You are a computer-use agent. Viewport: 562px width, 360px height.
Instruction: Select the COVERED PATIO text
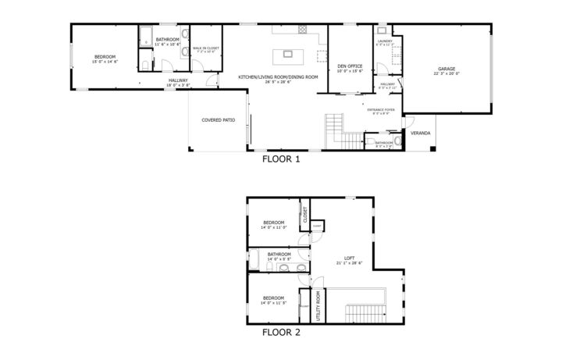point(218,120)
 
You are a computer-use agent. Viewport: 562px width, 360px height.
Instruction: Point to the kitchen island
point(287,55)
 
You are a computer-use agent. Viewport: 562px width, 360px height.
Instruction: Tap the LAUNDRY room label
point(383,42)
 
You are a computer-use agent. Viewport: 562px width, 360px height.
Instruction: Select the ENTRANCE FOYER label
point(382,109)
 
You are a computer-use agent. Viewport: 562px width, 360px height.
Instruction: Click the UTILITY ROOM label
point(318,305)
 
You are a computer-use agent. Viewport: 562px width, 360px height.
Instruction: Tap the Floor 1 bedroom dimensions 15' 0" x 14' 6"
point(105,61)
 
